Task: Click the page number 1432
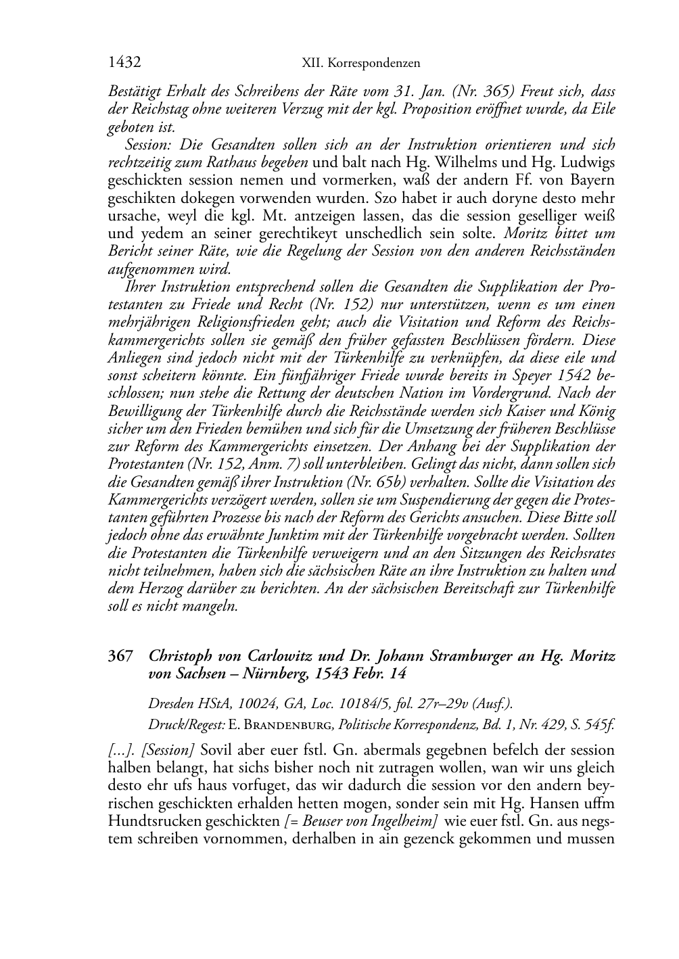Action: (x=124, y=63)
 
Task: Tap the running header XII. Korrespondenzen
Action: (x=360, y=64)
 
